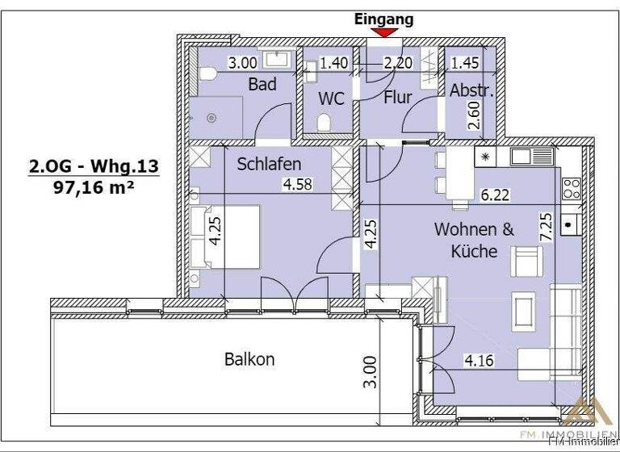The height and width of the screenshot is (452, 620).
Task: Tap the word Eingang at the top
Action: tap(383, 19)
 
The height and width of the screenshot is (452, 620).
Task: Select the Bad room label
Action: tap(262, 84)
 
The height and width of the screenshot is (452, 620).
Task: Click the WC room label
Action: tap(331, 98)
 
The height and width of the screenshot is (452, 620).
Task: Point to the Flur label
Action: tap(397, 98)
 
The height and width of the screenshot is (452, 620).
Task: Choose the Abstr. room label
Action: tap(471, 90)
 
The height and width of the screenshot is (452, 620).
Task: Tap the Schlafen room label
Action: tap(269, 164)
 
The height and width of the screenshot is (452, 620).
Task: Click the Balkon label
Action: tap(249, 359)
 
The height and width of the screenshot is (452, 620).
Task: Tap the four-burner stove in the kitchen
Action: tap(572, 188)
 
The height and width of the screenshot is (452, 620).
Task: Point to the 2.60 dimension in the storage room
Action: tap(475, 115)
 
